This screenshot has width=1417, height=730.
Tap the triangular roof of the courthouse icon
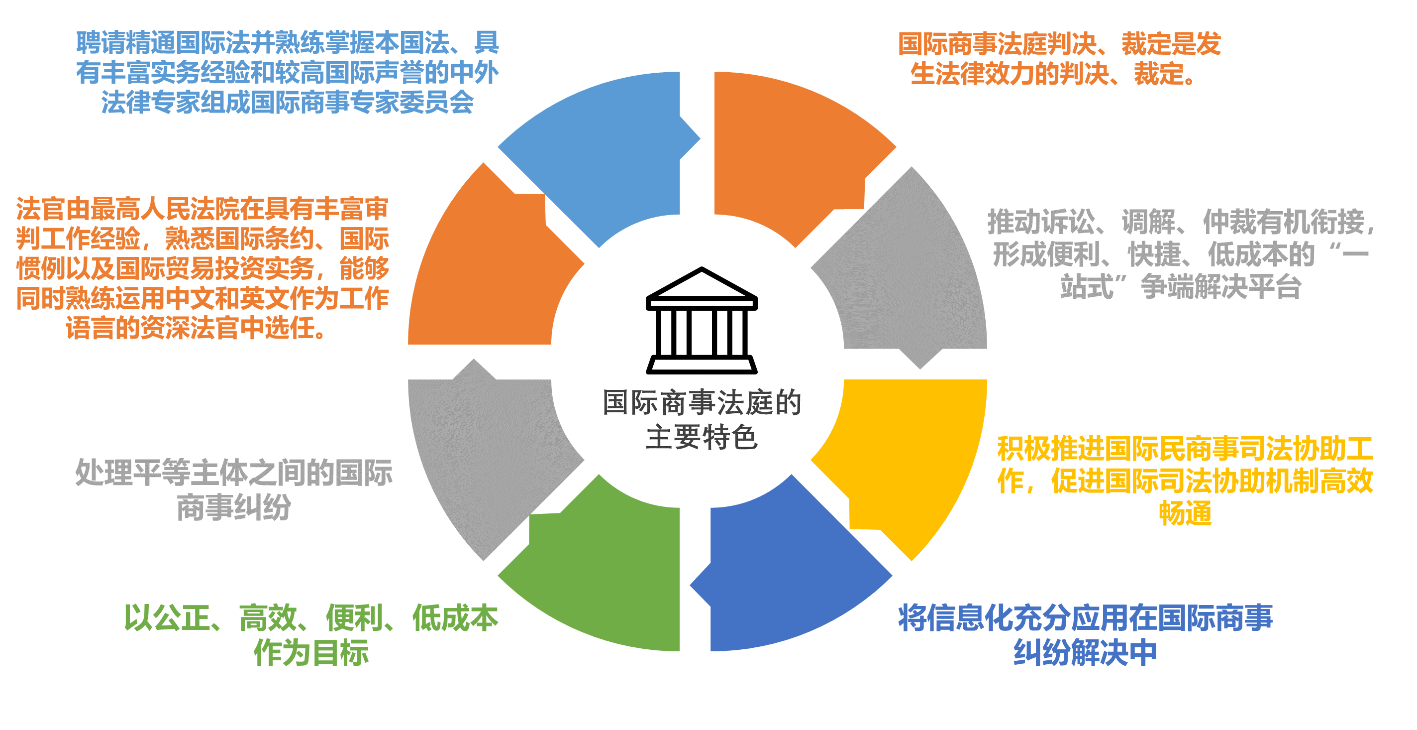[702, 283]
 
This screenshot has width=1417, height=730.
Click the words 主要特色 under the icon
[702, 438]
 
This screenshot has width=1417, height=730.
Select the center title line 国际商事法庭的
[702, 402]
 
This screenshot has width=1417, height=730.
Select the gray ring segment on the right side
[908, 275]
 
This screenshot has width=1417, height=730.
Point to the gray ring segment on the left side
[490, 457]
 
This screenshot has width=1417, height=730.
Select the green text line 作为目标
[311, 653]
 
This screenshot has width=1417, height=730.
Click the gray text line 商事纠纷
[234, 507]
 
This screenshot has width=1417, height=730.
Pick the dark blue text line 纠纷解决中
[1085, 653]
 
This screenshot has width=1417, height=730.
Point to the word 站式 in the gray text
[1087, 287]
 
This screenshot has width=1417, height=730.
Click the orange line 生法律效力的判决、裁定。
[1053, 74]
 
